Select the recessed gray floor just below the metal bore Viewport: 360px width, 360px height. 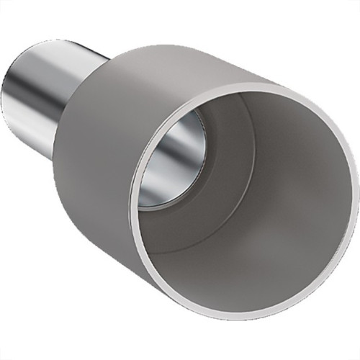[x=194, y=230]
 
